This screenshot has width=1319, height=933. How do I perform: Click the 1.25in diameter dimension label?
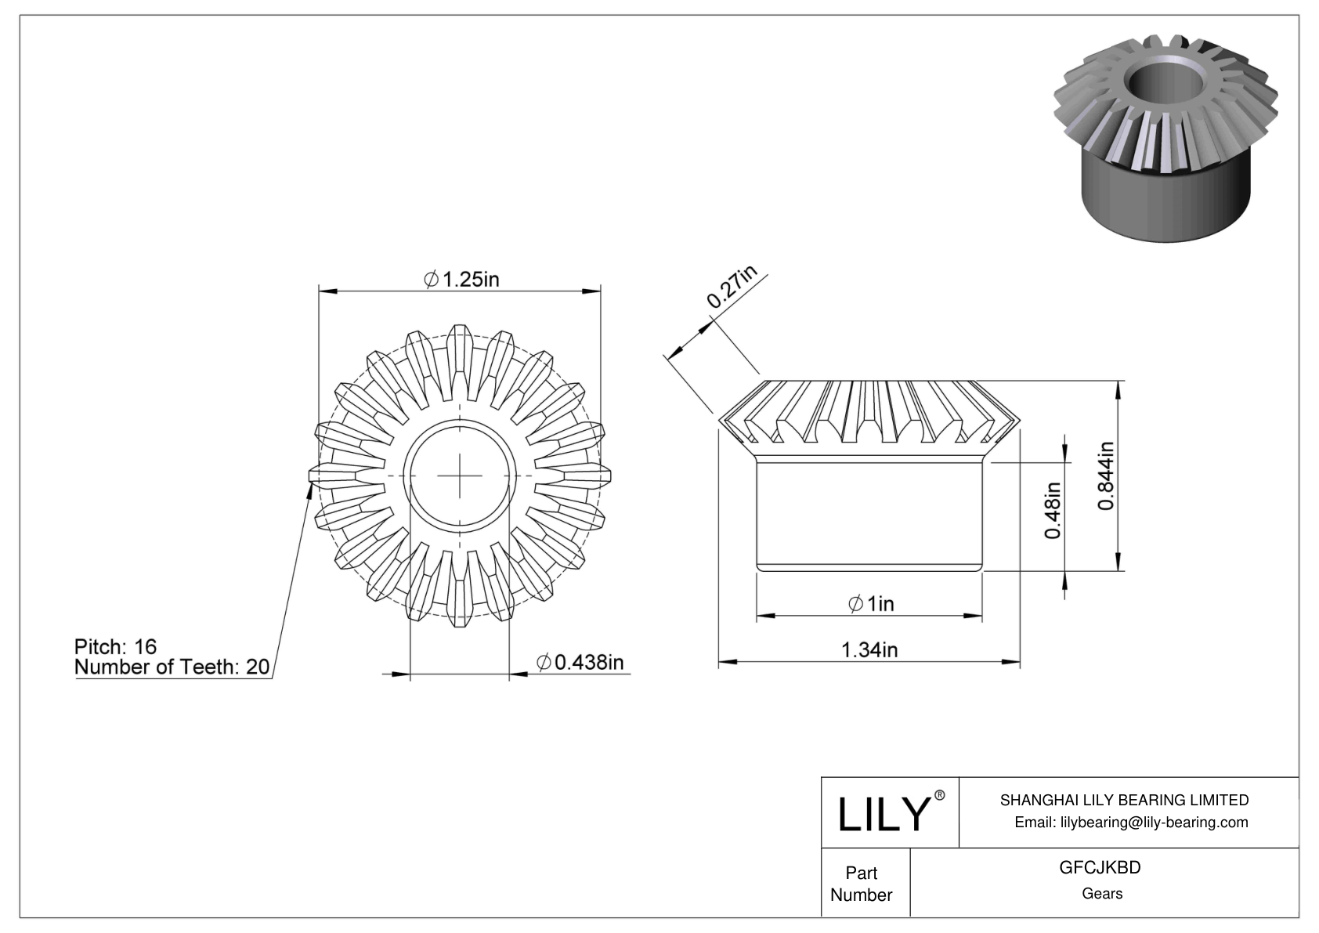tap(461, 279)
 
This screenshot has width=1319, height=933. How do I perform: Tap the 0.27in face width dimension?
tap(732, 287)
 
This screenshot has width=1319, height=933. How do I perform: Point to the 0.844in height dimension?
tap(1105, 476)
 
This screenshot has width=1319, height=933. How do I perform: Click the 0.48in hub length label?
tap(1053, 510)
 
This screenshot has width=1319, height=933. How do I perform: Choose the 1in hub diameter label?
tap(871, 603)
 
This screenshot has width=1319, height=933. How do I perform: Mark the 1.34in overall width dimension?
tap(869, 649)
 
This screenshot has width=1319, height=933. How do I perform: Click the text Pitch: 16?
tap(115, 646)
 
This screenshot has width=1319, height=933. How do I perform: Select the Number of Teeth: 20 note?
tap(172, 667)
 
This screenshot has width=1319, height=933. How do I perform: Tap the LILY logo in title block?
tap(883, 814)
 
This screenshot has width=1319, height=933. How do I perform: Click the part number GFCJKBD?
tap(1100, 868)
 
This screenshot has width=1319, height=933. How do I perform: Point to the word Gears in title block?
tap(1101, 894)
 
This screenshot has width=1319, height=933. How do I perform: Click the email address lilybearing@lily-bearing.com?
tap(1131, 823)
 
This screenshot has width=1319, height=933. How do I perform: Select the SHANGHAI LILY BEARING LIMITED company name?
tap(1124, 800)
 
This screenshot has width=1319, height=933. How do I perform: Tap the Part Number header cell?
tap(861, 884)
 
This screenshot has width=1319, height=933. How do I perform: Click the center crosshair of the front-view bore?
tap(460, 476)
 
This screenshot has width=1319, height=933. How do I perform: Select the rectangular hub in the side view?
tap(869, 516)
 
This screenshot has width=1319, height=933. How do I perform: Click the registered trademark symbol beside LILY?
tap(940, 795)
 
